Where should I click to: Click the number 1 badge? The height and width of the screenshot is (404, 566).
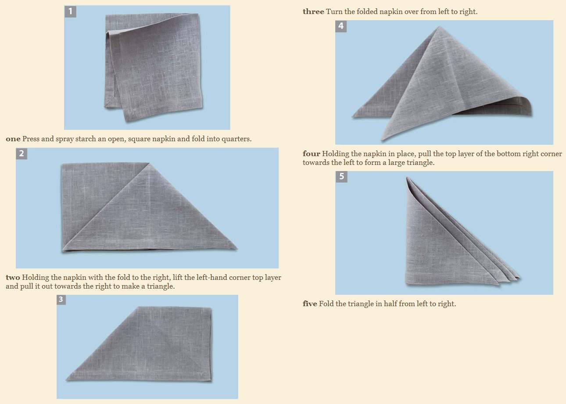click(x=70, y=11)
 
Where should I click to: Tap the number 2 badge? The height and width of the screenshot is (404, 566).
click(x=21, y=154)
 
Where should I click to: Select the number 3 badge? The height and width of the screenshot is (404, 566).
click(x=61, y=300)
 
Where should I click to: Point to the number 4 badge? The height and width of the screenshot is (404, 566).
click(x=341, y=26)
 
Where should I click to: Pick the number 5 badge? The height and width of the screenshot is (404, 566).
click(x=341, y=177)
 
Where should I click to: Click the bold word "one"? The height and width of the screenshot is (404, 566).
click(x=13, y=139)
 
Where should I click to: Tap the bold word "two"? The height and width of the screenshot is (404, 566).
click(x=13, y=277)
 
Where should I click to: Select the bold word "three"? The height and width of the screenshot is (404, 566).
click(x=313, y=11)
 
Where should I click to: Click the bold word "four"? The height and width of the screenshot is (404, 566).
click(x=312, y=154)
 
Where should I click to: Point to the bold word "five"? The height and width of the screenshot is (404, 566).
click(x=310, y=304)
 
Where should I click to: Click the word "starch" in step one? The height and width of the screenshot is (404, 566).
click(x=86, y=139)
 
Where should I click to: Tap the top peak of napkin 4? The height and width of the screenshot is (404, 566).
click(x=439, y=26)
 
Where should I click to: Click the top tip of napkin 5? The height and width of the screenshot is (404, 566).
click(x=407, y=178)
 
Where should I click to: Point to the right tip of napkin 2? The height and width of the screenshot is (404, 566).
click(x=237, y=249)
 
